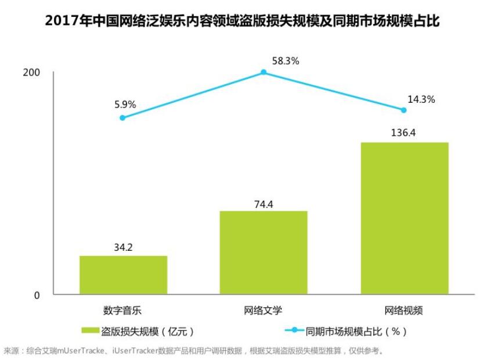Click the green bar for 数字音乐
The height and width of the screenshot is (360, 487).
(123, 275)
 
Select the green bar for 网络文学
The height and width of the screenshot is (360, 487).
(264, 253)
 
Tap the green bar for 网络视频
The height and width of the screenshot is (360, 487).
(405, 218)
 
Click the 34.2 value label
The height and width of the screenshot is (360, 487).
(123, 247)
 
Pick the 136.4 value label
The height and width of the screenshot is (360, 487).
(405, 133)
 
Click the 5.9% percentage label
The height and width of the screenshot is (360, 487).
(125, 105)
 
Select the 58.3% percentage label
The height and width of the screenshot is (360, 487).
(285, 60)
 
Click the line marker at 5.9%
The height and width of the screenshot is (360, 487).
(122, 118)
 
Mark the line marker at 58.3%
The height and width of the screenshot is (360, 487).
(264, 73)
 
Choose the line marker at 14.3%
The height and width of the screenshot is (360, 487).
(404, 110)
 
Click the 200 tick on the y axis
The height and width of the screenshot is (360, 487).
(31, 73)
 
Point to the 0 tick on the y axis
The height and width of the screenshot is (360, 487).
(37, 295)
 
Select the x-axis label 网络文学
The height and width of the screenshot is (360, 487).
(263, 310)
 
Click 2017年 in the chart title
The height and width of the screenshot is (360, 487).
(60, 22)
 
